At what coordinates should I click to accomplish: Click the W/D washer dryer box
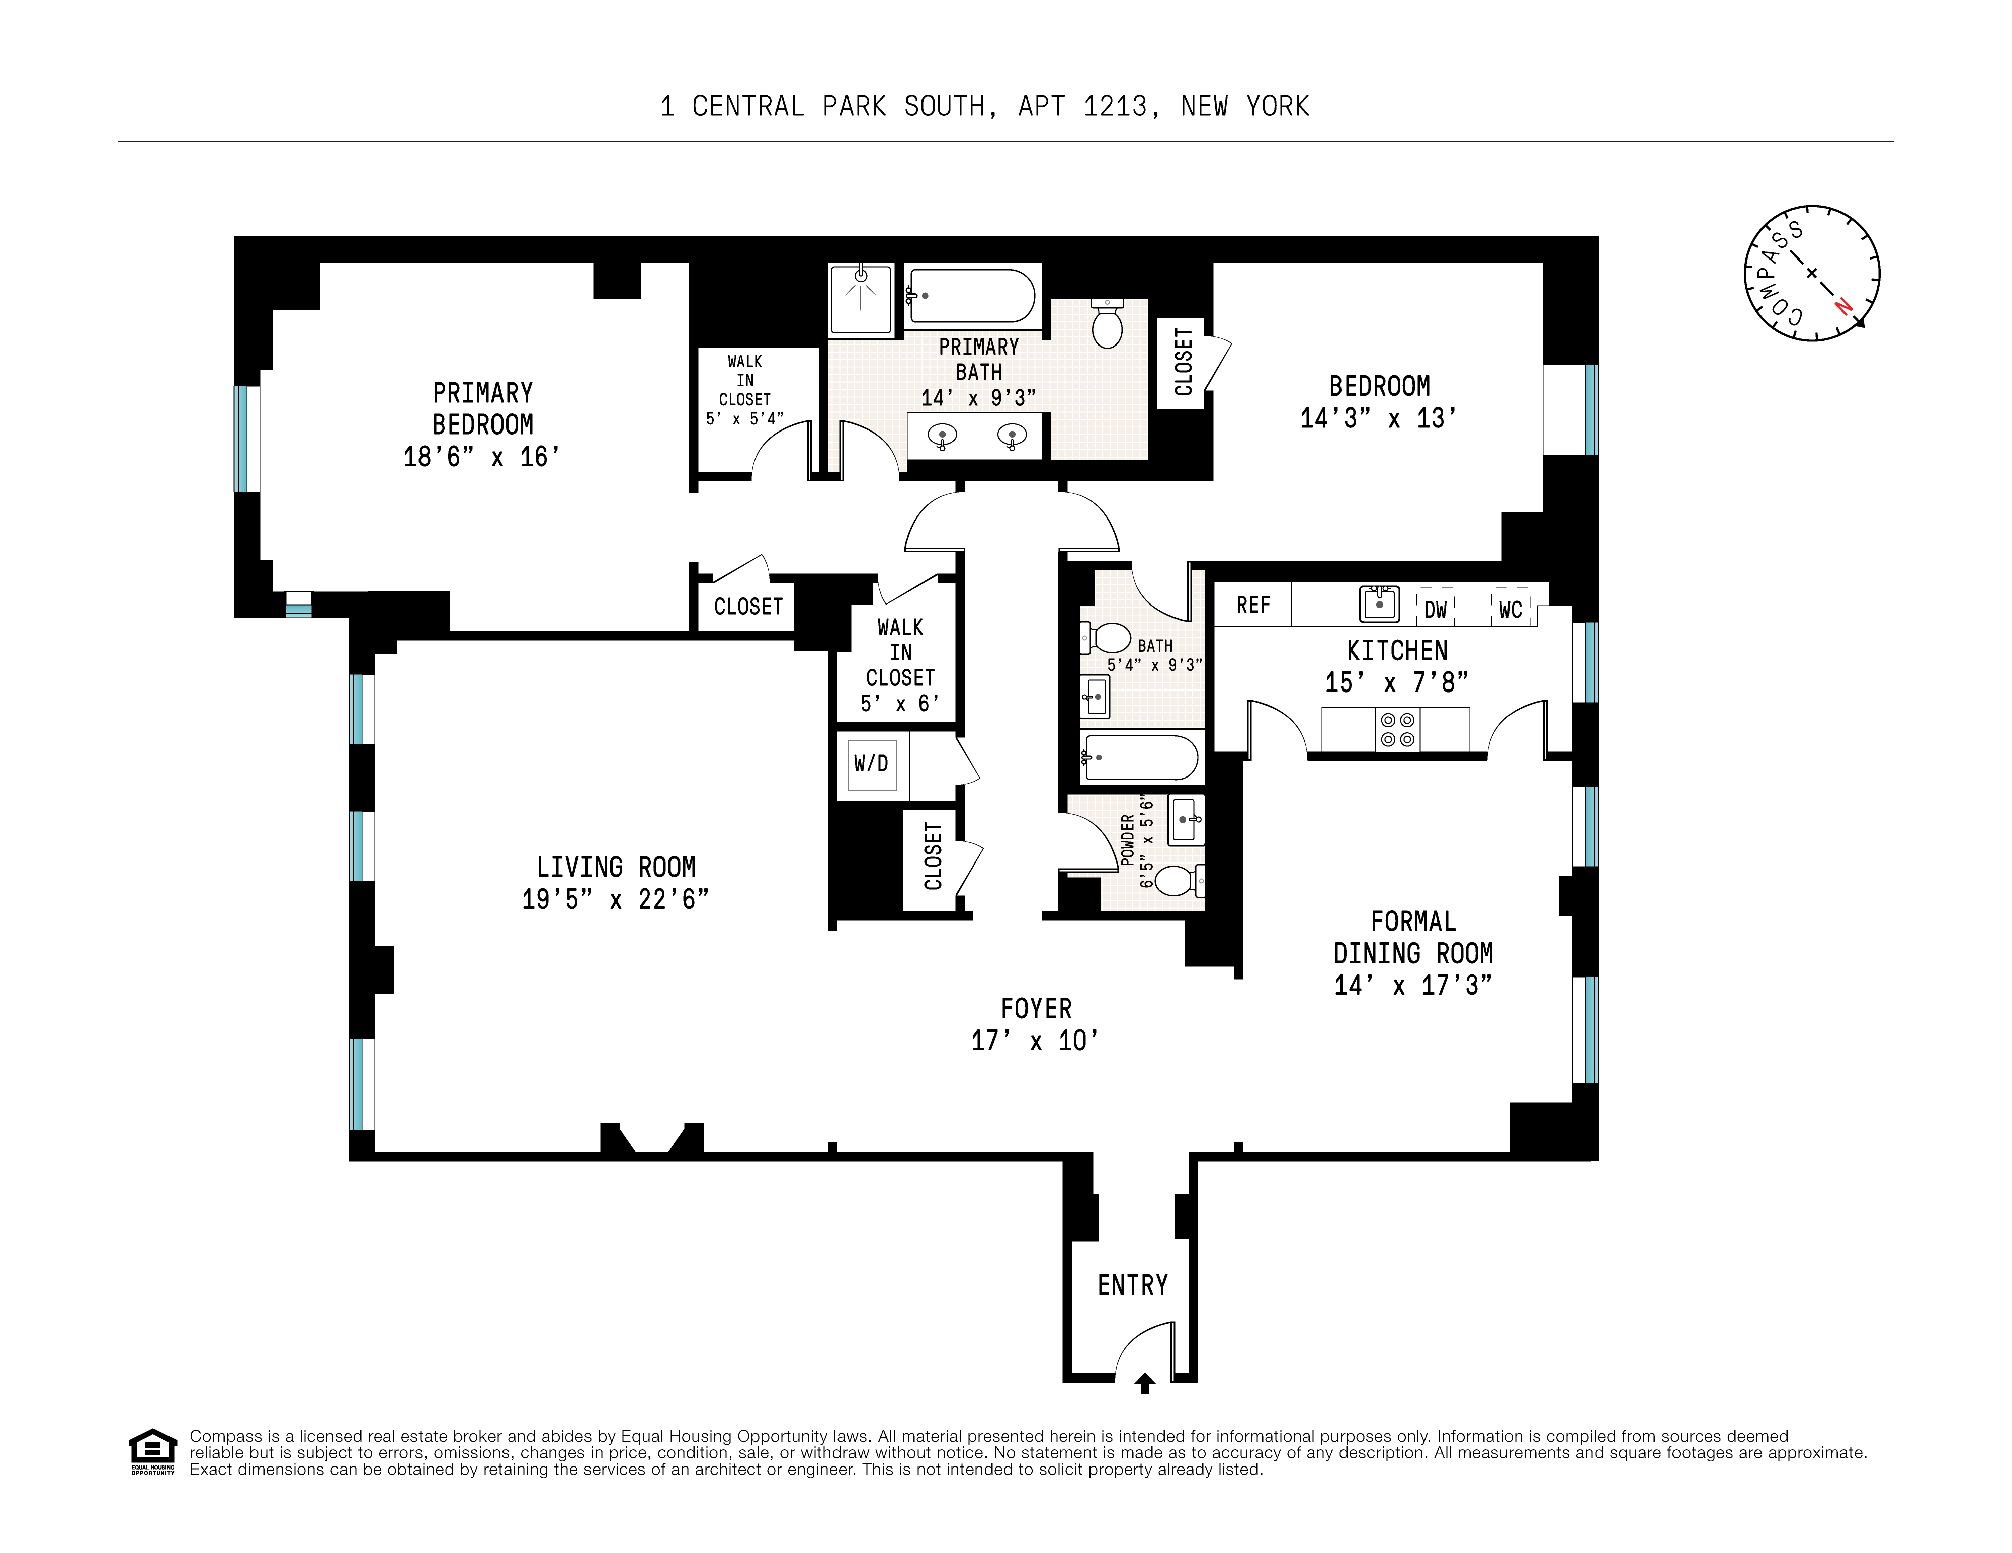point(871,763)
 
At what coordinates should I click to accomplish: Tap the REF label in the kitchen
point(1253,605)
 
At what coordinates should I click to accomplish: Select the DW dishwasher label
point(1435,610)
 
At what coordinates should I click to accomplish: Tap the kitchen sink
point(1379,603)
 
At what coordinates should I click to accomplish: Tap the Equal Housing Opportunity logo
point(152,1451)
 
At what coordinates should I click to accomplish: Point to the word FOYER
point(1036,1009)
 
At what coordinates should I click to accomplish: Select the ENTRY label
point(1132,1285)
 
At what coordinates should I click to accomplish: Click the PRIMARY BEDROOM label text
point(483,409)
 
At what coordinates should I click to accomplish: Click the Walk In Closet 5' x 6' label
point(900,665)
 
